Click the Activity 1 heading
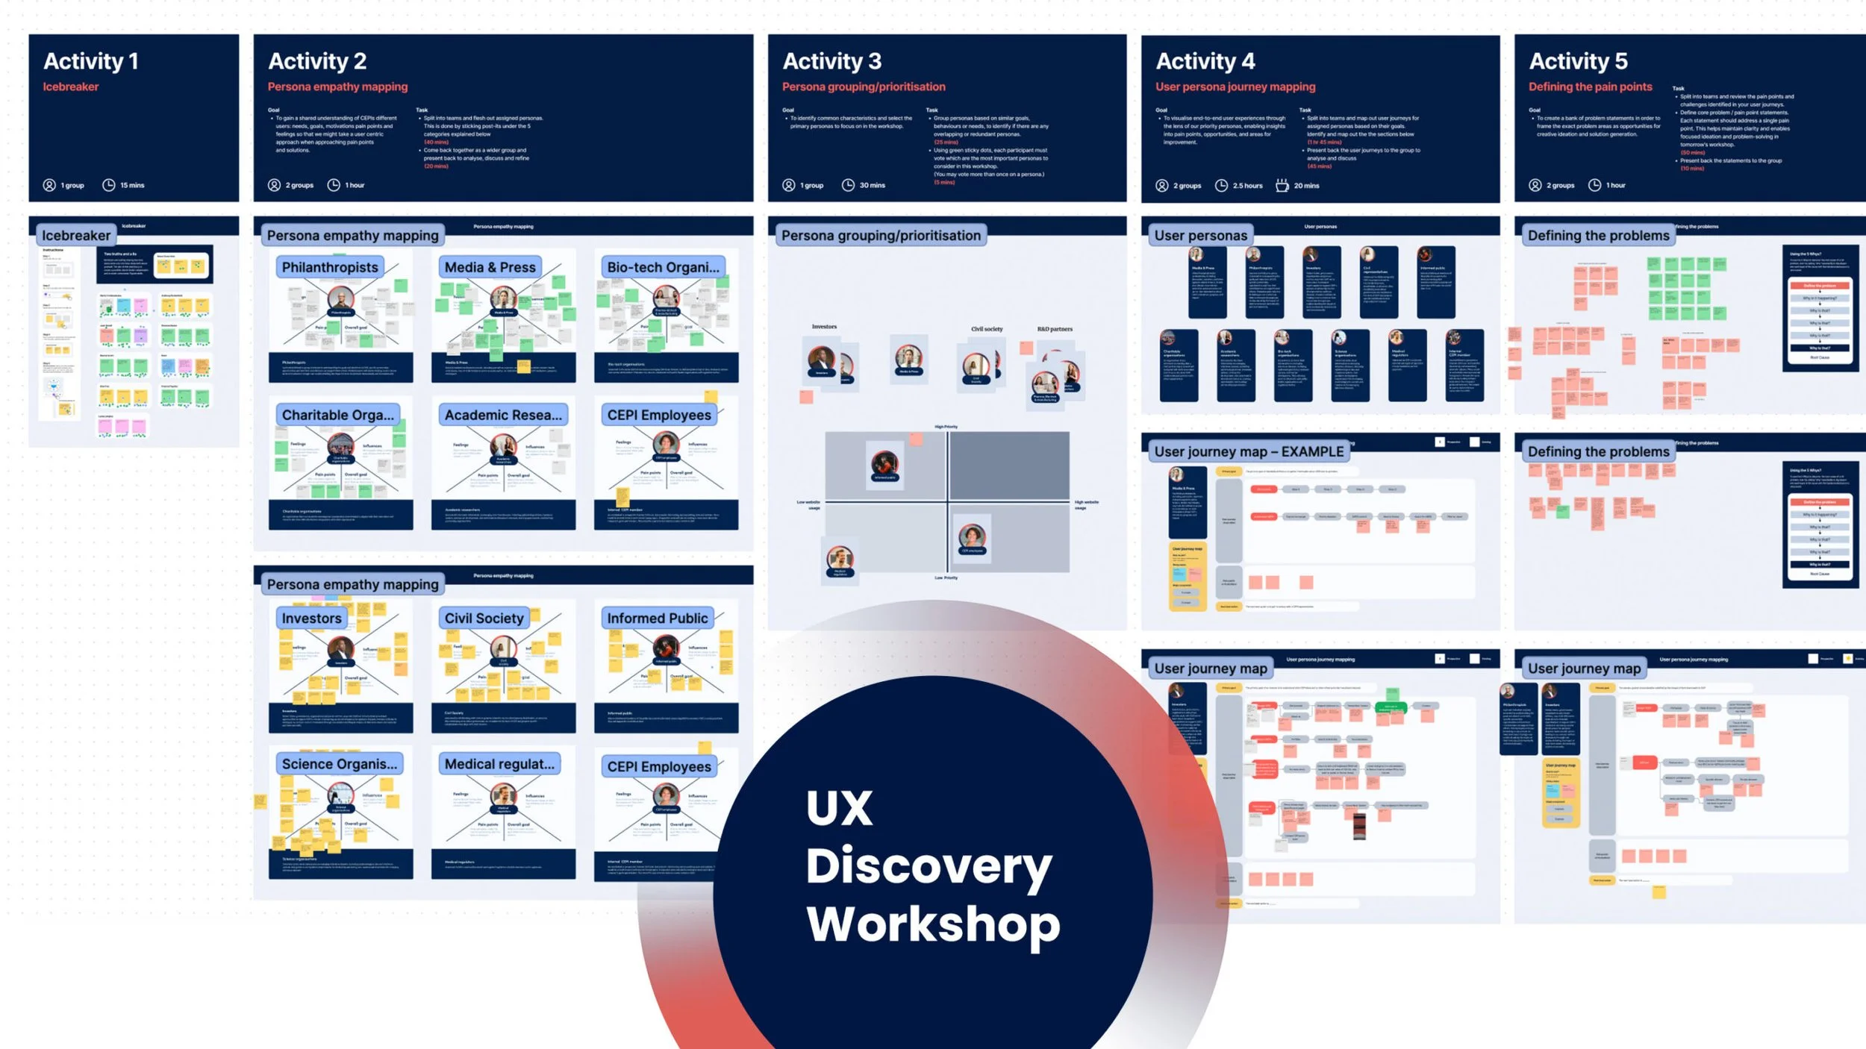point(91,61)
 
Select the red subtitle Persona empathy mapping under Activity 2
point(337,87)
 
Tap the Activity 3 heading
point(831,61)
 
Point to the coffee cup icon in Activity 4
point(1282,185)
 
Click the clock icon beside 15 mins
point(109,185)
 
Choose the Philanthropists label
point(330,267)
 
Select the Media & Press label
point(490,267)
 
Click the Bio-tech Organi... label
point(663,267)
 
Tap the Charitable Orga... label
point(337,415)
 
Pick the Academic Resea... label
point(503,415)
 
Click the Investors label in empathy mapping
point(311,618)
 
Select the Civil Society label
point(484,618)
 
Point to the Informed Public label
point(657,618)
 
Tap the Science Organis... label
point(339,764)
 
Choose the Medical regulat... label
point(499,764)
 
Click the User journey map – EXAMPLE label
point(1249,451)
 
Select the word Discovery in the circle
point(929,867)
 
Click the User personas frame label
point(1200,236)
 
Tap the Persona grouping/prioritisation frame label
point(881,236)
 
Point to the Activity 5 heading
point(1578,61)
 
